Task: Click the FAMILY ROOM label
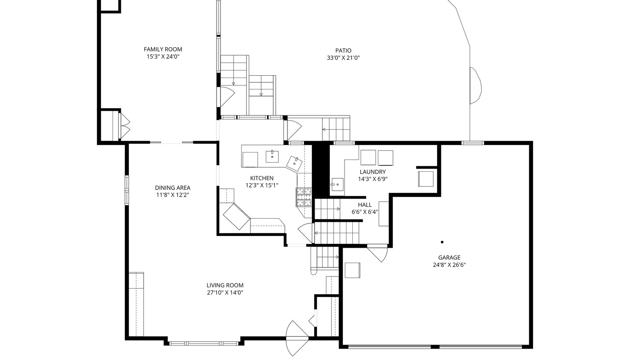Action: point(163,49)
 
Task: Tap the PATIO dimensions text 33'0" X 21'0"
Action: point(343,58)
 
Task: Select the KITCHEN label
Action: point(261,178)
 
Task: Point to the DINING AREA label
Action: point(172,187)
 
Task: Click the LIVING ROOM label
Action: point(225,285)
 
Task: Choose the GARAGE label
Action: point(449,257)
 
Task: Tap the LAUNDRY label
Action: point(372,172)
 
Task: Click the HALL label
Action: point(365,205)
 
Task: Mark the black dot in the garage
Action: point(442,242)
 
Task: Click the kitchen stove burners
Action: point(304,197)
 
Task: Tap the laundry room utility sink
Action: point(337,184)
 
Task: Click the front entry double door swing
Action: point(297,338)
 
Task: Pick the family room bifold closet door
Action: point(125,126)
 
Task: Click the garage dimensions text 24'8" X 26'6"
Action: point(449,265)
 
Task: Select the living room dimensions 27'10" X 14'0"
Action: point(225,293)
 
